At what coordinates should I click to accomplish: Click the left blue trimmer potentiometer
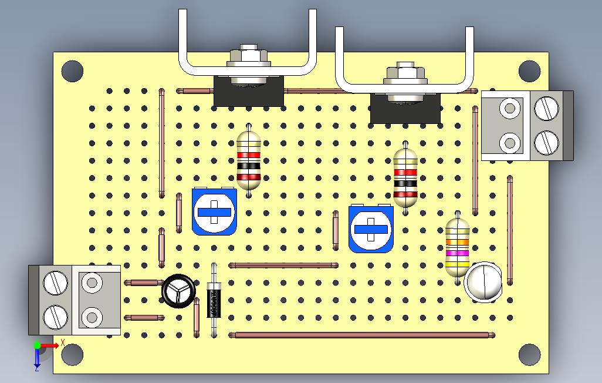tap(214, 212)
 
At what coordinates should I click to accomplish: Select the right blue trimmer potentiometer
tap(371, 229)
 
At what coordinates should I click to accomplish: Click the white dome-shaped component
tap(483, 282)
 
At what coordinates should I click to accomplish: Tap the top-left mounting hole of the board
tap(72, 70)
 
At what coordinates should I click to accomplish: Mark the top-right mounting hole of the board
tap(529, 70)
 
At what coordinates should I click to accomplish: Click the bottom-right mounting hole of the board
tap(529, 355)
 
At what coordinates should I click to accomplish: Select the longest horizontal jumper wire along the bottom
tap(361, 335)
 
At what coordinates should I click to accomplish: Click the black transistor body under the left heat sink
tap(249, 94)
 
